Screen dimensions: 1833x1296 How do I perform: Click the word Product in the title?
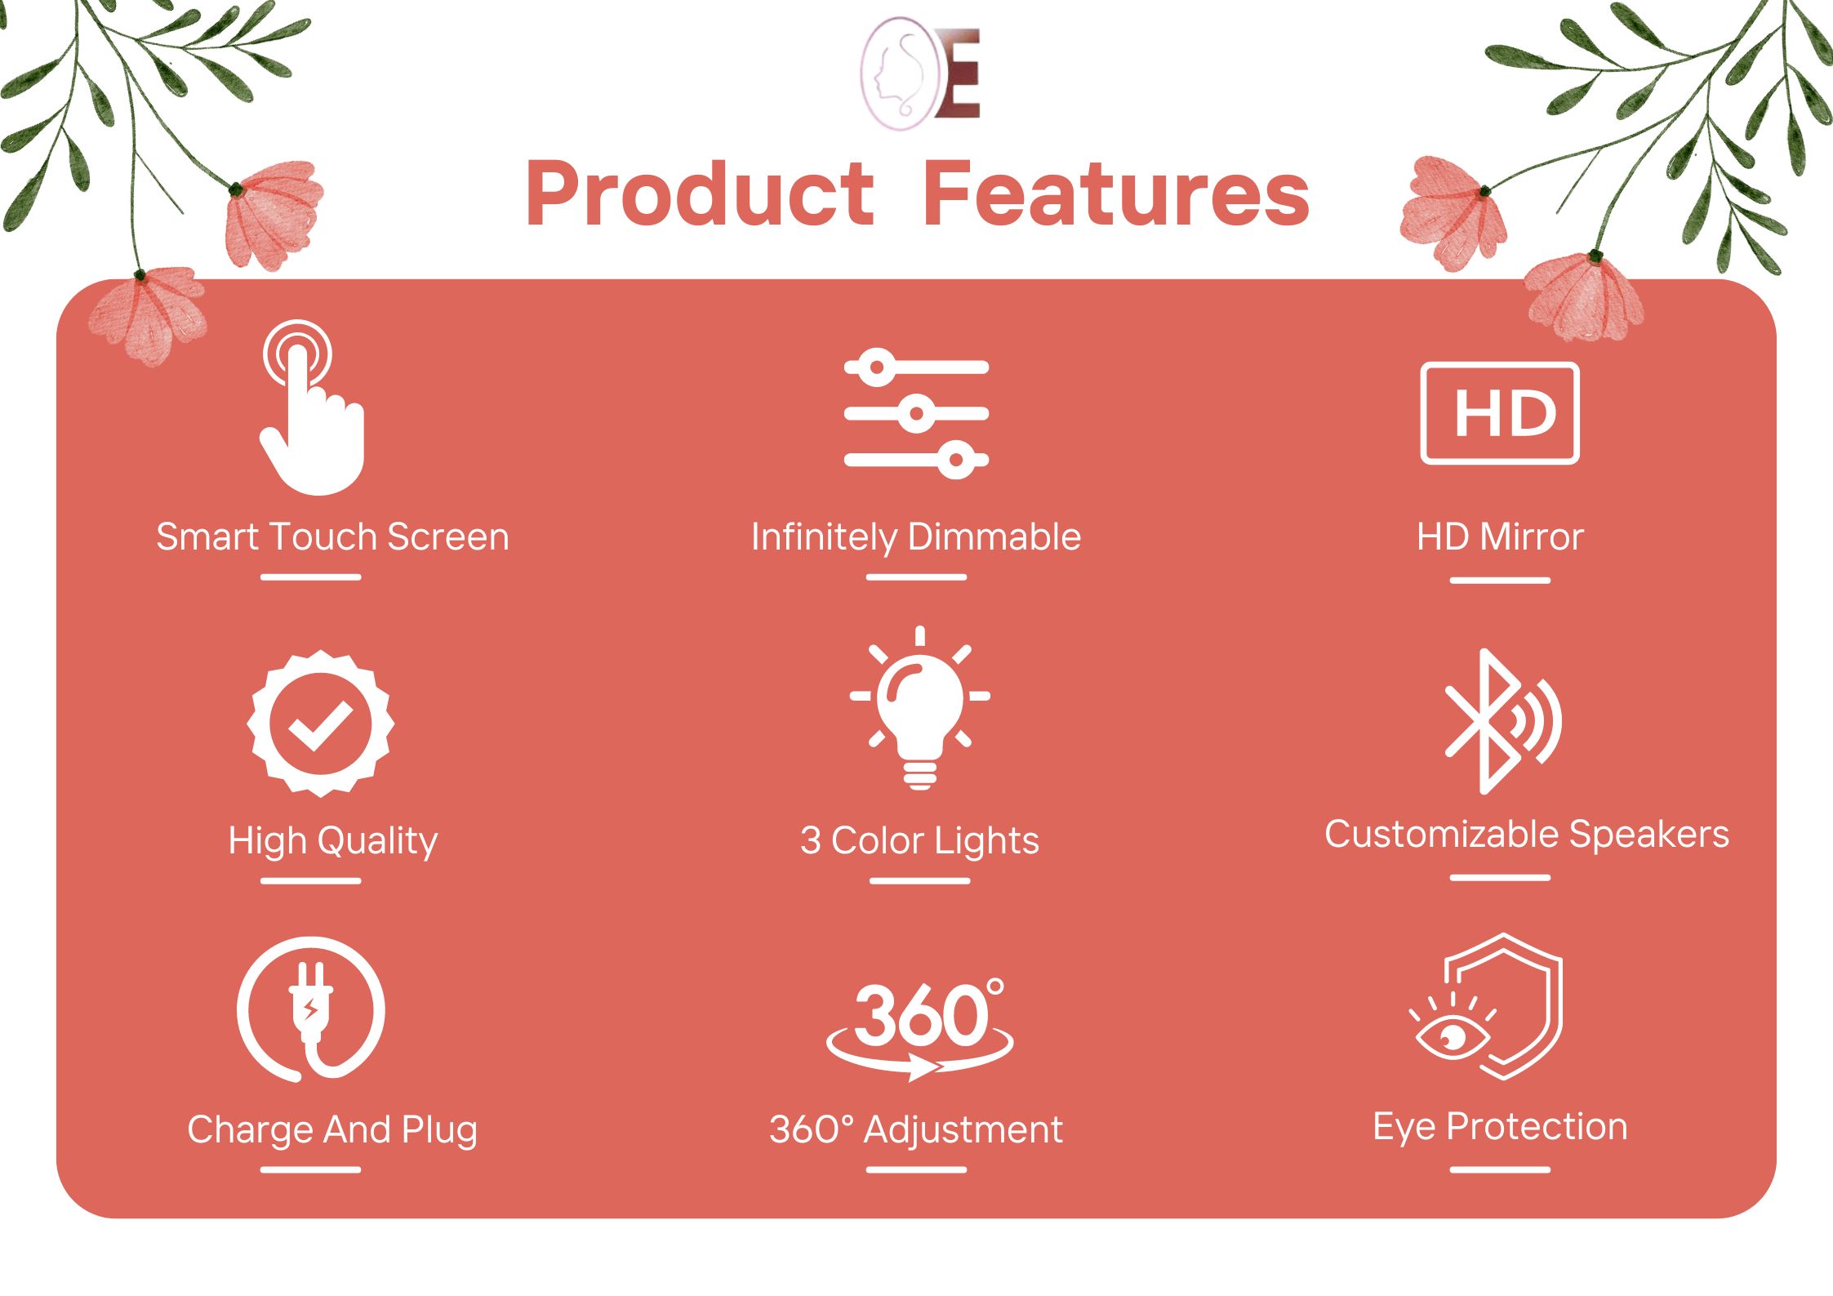pyautogui.click(x=701, y=194)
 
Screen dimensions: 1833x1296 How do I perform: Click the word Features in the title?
pyautogui.click(x=1118, y=194)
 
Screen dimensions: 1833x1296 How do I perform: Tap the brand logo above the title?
pyautogui.click(x=920, y=74)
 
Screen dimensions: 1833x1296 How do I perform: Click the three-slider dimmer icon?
pyautogui.click(x=916, y=413)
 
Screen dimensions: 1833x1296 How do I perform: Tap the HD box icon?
pyautogui.click(x=1500, y=413)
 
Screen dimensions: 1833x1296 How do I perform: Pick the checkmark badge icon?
pyautogui.click(x=321, y=724)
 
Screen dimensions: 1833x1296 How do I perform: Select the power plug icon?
pyautogui.click(x=311, y=1010)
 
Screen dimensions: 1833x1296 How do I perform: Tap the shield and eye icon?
pyautogui.click(x=1487, y=1007)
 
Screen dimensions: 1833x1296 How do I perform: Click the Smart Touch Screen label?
pyautogui.click(x=332, y=537)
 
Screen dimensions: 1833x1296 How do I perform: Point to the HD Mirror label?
pyautogui.click(x=1500, y=537)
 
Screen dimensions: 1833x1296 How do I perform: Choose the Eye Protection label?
pyautogui.click(x=1500, y=1128)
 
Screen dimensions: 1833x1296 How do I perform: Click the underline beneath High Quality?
pyautogui.click(x=311, y=881)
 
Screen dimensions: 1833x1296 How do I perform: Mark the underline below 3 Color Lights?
pyautogui.click(x=920, y=881)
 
